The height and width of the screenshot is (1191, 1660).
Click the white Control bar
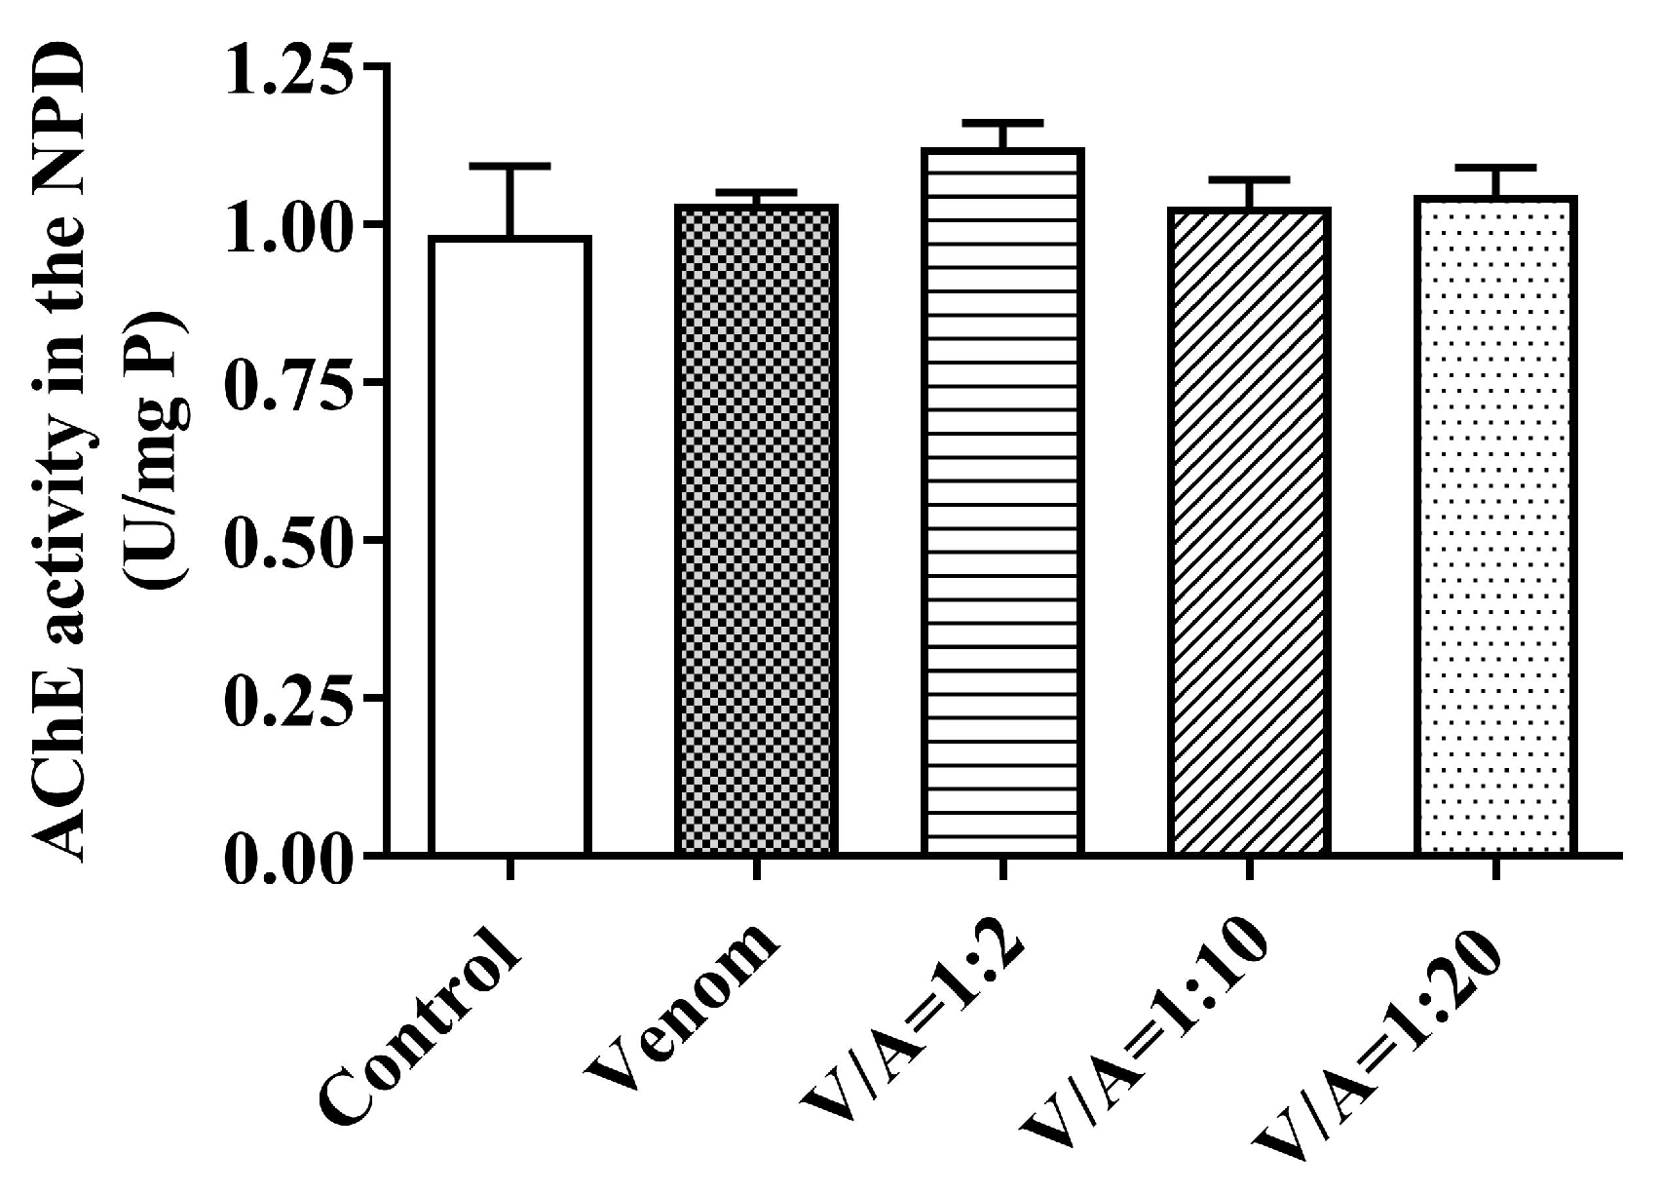509,546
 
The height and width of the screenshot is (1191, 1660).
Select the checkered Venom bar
755,531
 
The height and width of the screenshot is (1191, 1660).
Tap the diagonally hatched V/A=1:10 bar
1250,531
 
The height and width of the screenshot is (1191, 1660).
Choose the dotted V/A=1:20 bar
1495,526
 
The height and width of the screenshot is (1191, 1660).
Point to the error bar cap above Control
509,167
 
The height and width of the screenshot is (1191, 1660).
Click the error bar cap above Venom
755,192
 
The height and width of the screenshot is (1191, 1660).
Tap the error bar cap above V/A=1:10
1250,180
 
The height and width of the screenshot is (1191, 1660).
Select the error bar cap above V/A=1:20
1495,168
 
